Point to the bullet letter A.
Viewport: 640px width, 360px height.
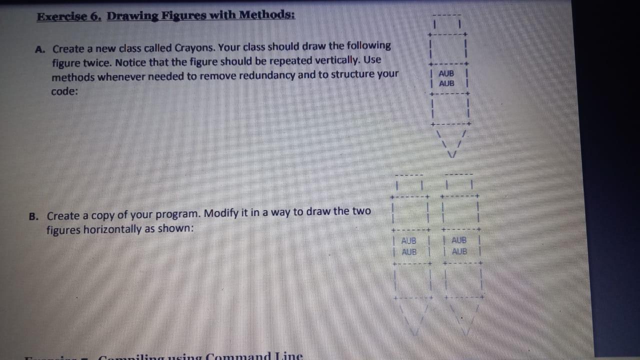[x=40, y=49]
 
